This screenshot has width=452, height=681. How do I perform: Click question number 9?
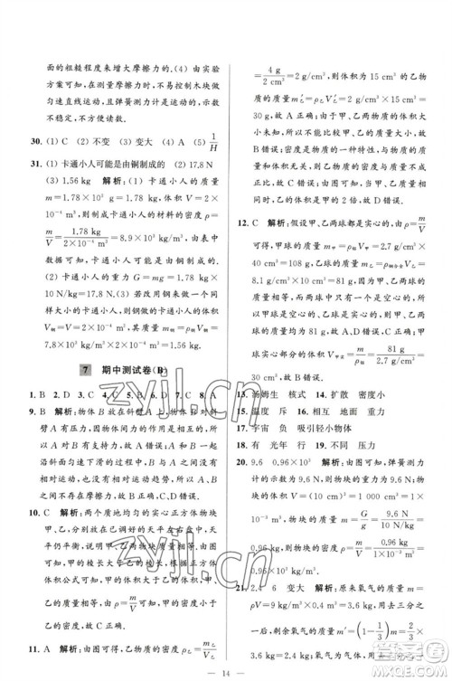[x=33, y=412]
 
